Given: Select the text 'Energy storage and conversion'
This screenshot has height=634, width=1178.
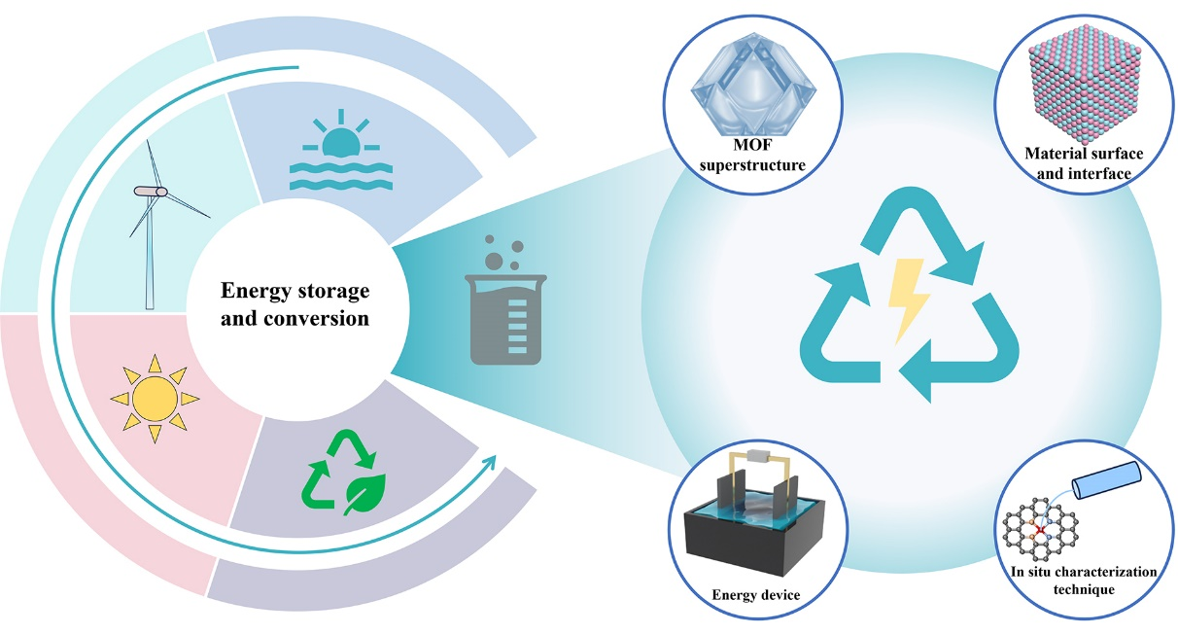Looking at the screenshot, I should coord(295,303).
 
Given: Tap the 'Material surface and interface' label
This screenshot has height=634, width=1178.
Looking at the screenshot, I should coord(1082,163).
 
